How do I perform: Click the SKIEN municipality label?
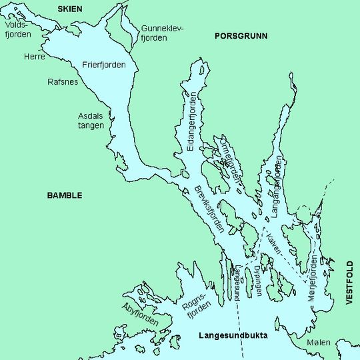[74, 8]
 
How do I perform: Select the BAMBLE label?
[65, 195]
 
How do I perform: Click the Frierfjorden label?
[103, 65]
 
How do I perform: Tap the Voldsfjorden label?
[16, 29]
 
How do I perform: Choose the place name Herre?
[33, 57]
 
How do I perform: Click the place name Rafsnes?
[63, 82]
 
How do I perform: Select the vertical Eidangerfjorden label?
[193, 119]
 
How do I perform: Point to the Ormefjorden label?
[229, 159]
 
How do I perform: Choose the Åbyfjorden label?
[141, 314]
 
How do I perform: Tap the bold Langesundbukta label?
[233, 336]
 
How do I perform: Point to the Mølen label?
[319, 343]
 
